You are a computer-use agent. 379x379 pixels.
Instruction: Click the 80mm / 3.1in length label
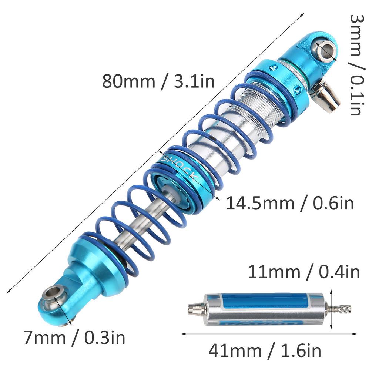[158, 81]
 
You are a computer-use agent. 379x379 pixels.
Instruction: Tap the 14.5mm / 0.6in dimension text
[289, 203]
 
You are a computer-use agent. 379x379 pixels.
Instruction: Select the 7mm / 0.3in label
[74, 338]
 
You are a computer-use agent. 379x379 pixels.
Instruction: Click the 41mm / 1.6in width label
[265, 351]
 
